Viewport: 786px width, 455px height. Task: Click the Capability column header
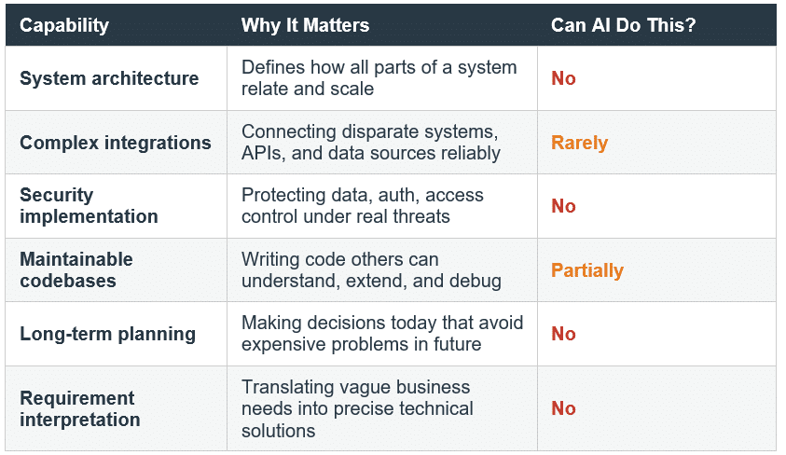pyautogui.click(x=64, y=25)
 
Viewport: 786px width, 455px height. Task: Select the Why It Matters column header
pyautogui.click(x=305, y=25)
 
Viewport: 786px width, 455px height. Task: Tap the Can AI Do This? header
pyautogui.click(x=623, y=25)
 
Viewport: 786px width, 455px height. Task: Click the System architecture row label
pyautogui.click(x=109, y=78)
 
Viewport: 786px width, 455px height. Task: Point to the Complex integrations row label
pyautogui.click(x=116, y=143)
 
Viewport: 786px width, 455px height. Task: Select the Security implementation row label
pyautogui.click(x=89, y=205)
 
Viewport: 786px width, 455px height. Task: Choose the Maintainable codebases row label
pyautogui.click(x=76, y=269)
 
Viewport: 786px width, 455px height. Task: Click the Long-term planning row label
pyautogui.click(x=108, y=334)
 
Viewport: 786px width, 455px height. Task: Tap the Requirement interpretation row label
pyautogui.click(x=80, y=408)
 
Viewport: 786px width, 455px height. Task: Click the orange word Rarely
pyautogui.click(x=579, y=143)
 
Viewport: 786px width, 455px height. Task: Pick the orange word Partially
pyautogui.click(x=587, y=270)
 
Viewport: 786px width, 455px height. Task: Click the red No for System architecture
pyautogui.click(x=563, y=78)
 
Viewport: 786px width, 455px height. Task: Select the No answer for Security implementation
pyautogui.click(x=563, y=206)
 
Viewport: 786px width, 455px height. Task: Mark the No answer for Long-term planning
pyautogui.click(x=563, y=334)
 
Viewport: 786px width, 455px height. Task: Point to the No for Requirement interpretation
pyautogui.click(x=563, y=408)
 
